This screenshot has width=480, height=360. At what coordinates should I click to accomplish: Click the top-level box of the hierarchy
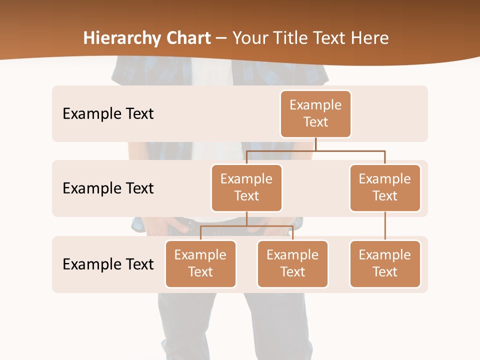click(x=315, y=114)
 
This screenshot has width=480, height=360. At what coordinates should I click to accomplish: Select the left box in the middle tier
click(x=246, y=188)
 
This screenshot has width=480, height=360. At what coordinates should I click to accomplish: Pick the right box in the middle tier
click(x=385, y=188)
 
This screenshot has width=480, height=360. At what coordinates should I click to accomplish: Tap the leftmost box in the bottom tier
click(x=200, y=264)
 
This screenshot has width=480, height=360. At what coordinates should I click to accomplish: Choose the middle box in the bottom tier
click(x=292, y=264)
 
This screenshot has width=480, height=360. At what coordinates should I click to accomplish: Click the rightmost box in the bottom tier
click(x=385, y=264)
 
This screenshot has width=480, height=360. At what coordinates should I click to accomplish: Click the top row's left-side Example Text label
click(x=108, y=114)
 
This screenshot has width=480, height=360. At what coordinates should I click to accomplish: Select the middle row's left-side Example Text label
click(x=108, y=188)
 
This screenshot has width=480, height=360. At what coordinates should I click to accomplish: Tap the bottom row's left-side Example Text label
click(x=108, y=264)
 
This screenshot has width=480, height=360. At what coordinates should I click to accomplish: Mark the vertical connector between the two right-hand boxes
click(x=385, y=226)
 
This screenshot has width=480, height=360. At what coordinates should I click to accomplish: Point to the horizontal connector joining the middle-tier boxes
click(x=315, y=150)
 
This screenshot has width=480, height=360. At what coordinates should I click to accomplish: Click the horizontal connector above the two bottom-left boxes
click(x=246, y=226)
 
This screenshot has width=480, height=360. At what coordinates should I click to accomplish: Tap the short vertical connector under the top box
click(x=315, y=144)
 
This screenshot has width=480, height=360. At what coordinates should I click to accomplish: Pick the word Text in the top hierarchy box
click(x=315, y=122)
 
